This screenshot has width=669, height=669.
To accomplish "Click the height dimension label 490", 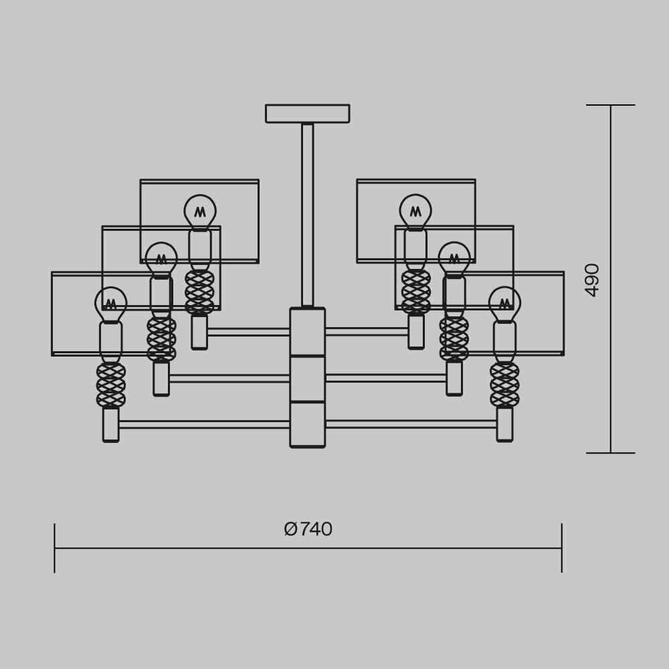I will pyautogui.click(x=592, y=280).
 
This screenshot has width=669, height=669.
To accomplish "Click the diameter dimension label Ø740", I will pyautogui.click(x=308, y=529).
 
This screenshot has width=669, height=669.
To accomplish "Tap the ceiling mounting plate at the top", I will pyautogui.click(x=307, y=113).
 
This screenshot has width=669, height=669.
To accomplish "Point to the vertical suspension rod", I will pyautogui.click(x=307, y=214).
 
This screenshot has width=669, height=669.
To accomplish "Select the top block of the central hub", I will pyautogui.click(x=307, y=332).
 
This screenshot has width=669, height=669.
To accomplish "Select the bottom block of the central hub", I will pyautogui.click(x=307, y=424).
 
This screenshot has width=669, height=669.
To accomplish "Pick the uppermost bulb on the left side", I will pyautogui.click(x=200, y=211).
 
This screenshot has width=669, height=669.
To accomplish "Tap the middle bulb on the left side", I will pyautogui.click(x=161, y=258).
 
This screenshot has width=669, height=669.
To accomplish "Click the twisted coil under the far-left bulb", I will pyautogui.click(x=110, y=385).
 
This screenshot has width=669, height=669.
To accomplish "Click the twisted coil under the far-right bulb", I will pyautogui.click(x=504, y=385).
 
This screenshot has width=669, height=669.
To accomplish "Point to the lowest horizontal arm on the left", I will pyautogui.click(x=204, y=424).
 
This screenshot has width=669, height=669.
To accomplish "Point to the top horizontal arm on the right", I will pyautogui.click(x=367, y=331).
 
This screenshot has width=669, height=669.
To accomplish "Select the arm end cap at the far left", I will pyautogui.click(x=110, y=425).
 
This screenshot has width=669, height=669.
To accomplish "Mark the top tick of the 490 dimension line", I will pyautogui.click(x=610, y=105).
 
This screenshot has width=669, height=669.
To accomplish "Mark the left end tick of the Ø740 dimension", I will pyautogui.click(x=54, y=548).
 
